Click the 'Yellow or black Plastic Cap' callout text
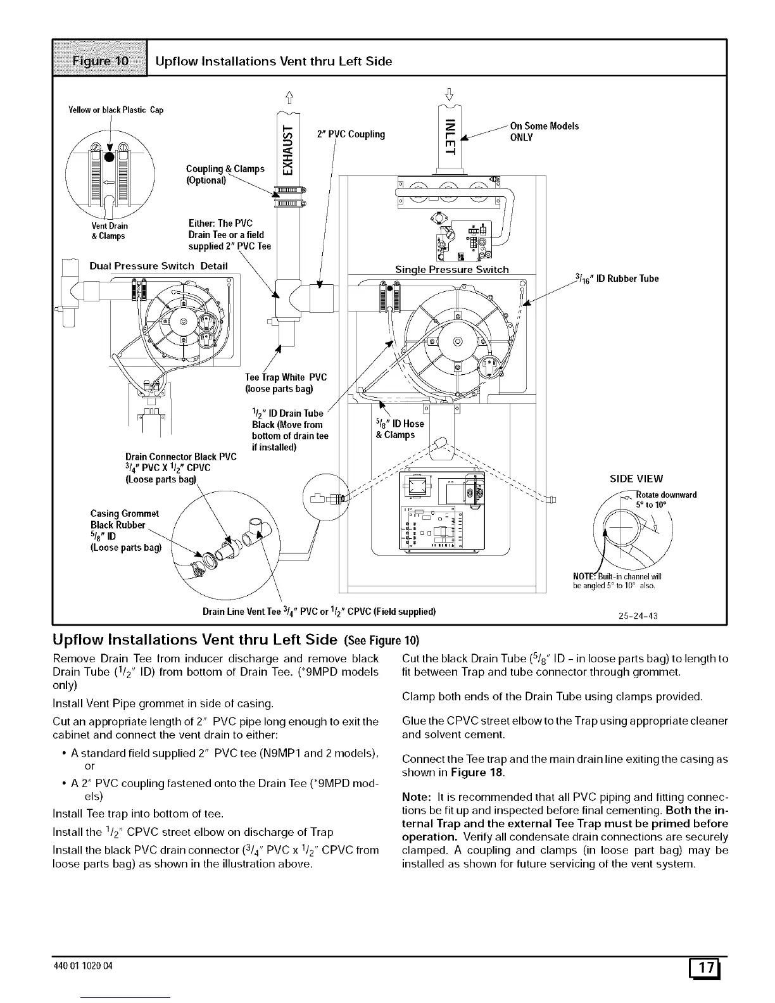116,110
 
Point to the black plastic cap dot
110,157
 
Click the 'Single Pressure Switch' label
451,269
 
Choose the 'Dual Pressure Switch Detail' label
158,265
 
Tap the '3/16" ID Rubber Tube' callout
617,278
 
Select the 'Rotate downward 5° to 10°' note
665,500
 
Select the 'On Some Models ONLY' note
544,132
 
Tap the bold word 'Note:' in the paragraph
417,796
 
